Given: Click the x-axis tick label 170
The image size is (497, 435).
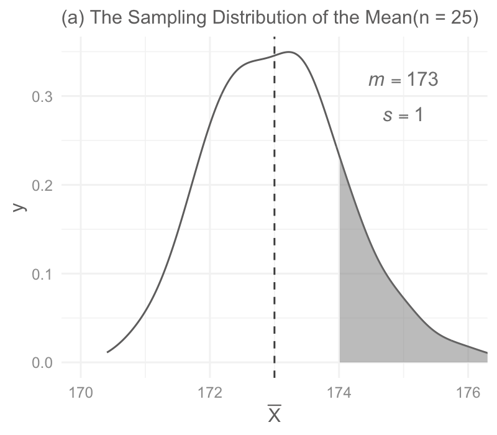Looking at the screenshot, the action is (81, 393).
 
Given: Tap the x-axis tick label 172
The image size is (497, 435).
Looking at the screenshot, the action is (210, 393).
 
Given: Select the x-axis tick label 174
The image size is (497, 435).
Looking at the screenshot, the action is (339, 393).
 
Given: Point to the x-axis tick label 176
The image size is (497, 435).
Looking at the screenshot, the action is (468, 393).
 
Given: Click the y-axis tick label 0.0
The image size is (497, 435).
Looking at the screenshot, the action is (42, 363).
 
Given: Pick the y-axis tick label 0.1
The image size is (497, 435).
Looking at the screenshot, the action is (42, 274).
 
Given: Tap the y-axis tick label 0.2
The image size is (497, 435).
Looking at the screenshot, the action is (42, 185).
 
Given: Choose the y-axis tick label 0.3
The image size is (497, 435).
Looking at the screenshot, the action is (42, 97).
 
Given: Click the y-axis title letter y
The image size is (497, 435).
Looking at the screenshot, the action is (20, 207).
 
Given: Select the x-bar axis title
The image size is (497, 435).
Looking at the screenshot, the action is (275, 413).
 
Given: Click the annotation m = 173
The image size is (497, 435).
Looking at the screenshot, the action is (403, 80).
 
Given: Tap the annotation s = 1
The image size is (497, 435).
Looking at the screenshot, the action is (403, 115).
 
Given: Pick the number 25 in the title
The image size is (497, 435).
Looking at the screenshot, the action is (461, 17).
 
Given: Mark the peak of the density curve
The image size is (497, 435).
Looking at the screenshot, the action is (289, 52).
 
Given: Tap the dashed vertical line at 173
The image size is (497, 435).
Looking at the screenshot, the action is (275, 208).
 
